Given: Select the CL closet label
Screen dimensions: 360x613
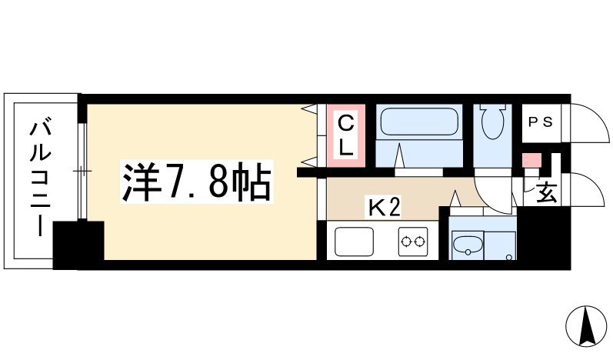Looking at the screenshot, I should (x=347, y=135).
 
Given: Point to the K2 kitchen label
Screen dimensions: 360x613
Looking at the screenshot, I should (x=382, y=208).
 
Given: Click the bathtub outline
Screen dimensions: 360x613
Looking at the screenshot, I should (x=419, y=122).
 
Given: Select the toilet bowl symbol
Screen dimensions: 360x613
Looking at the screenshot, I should (x=490, y=121).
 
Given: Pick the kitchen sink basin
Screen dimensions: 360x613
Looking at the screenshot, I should (x=355, y=243).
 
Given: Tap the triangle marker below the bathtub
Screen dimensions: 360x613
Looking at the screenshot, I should (x=401, y=156).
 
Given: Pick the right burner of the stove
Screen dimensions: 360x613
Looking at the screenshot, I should (x=422, y=243).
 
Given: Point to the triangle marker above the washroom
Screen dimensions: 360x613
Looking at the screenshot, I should (x=455, y=201).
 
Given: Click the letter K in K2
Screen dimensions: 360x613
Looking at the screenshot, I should (x=375, y=208).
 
